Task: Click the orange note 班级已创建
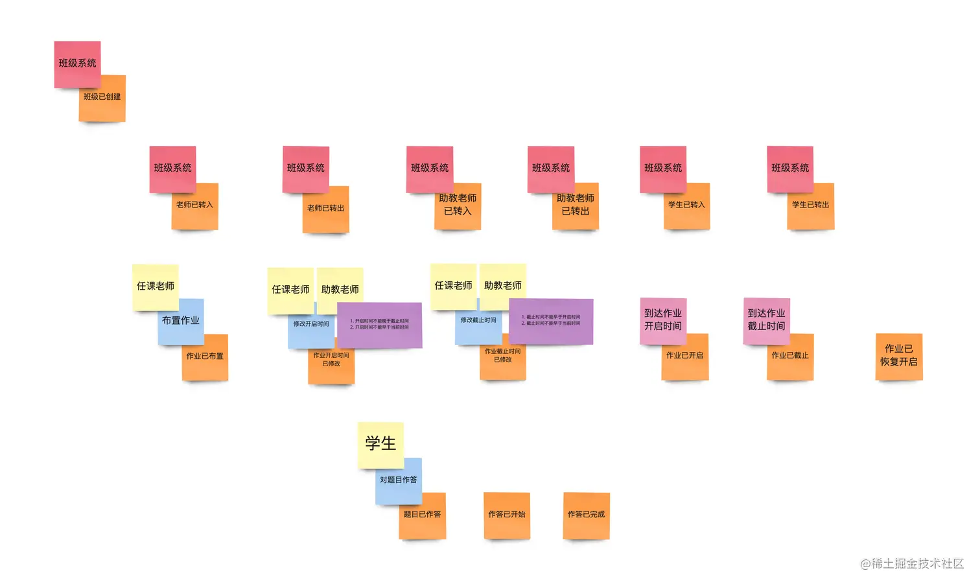(x=102, y=104)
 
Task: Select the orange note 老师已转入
(x=195, y=211)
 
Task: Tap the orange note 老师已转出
(x=326, y=214)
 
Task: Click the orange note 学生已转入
(x=687, y=210)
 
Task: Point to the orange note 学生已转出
(x=811, y=210)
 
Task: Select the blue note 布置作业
(x=181, y=321)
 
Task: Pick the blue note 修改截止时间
(x=477, y=324)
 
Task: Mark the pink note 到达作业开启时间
(x=663, y=319)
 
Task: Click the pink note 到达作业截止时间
(x=766, y=319)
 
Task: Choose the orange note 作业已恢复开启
(x=899, y=356)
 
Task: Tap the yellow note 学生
(x=380, y=444)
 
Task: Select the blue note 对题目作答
(x=398, y=480)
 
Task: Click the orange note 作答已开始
(x=507, y=516)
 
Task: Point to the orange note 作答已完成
(x=587, y=516)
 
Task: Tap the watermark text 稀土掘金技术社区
(x=916, y=564)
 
